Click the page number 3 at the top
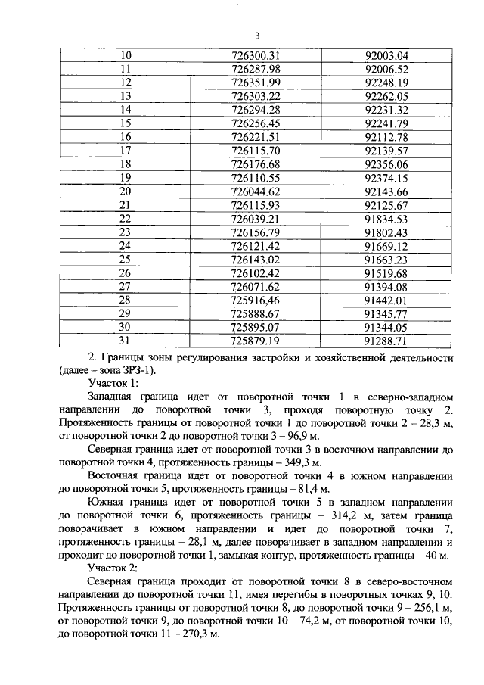pyautogui.click(x=257, y=36)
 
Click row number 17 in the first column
pyautogui.click(x=126, y=151)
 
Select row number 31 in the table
pyautogui.click(x=126, y=341)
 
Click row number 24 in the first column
pyautogui.click(x=126, y=246)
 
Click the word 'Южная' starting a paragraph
pyautogui.click(x=107, y=503)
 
